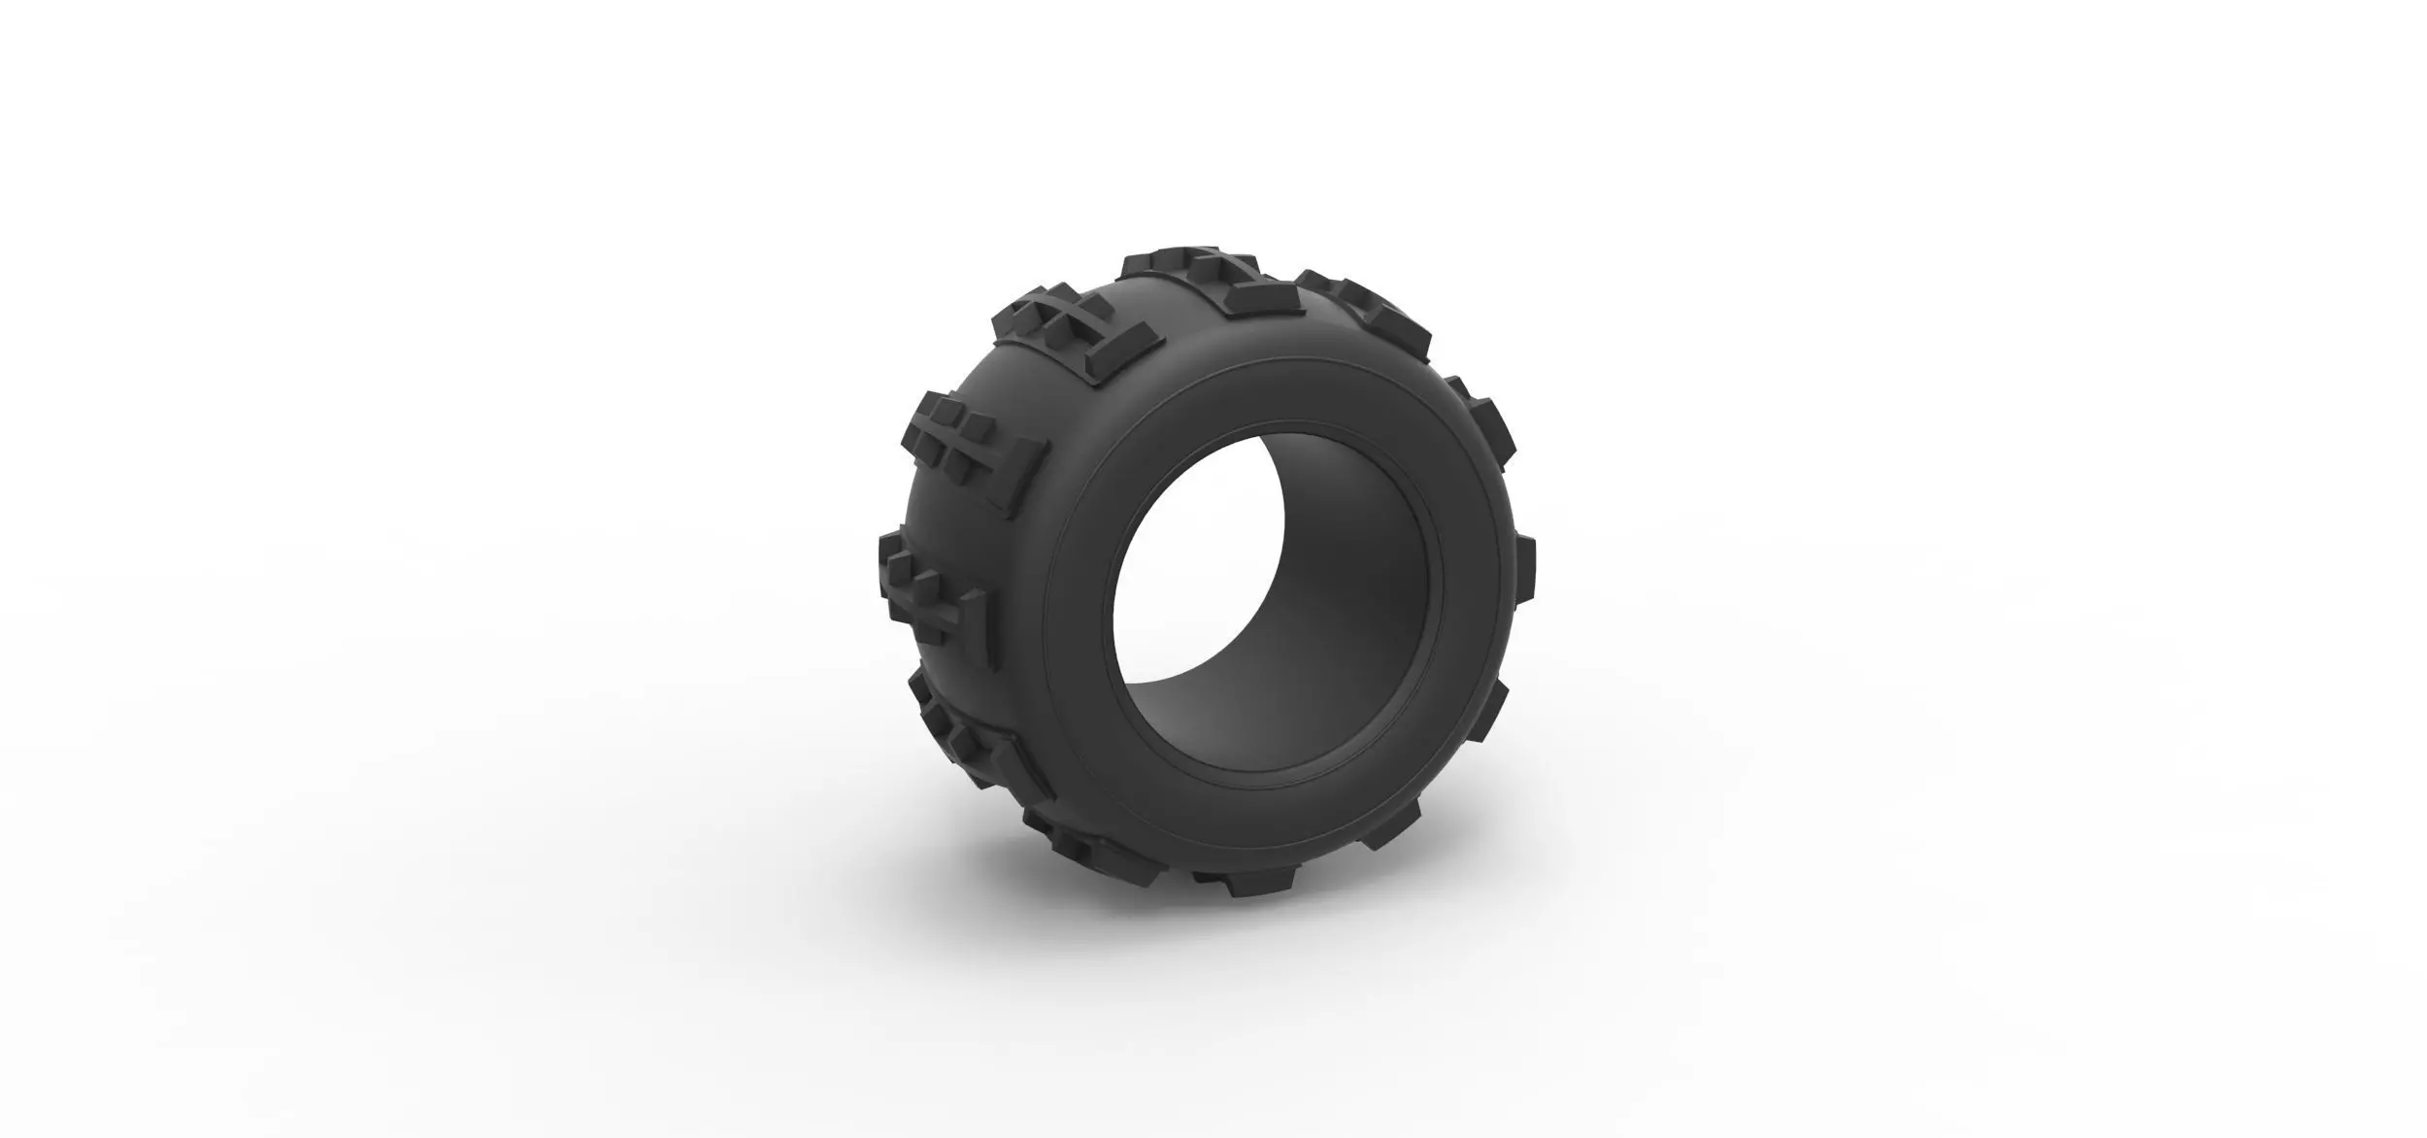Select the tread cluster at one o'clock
pyautogui.click(x=1359, y=301)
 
